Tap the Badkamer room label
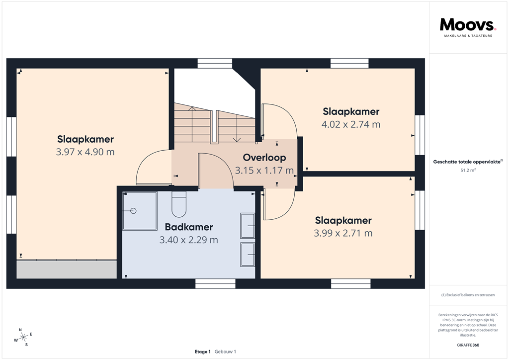click(x=188, y=227)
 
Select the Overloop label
click(x=264, y=158)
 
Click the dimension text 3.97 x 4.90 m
click(x=85, y=152)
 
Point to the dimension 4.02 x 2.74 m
click(x=350, y=124)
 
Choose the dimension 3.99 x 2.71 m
click(x=343, y=233)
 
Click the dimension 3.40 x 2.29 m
click(x=188, y=240)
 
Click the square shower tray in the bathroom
click(x=140, y=211)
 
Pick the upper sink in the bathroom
click(x=248, y=226)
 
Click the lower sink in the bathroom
click(x=248, y=255)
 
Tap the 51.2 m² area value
click(x=468, y=170)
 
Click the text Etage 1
click(x=203, y=352)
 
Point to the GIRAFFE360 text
click(x=468, y=345)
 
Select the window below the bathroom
click(x=215, y=283)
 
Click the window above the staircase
click(x=215, y=63)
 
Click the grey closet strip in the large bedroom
click(x=66, y=269)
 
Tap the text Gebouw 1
click(x=225, y=352)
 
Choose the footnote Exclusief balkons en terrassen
click(x=468, y=295)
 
